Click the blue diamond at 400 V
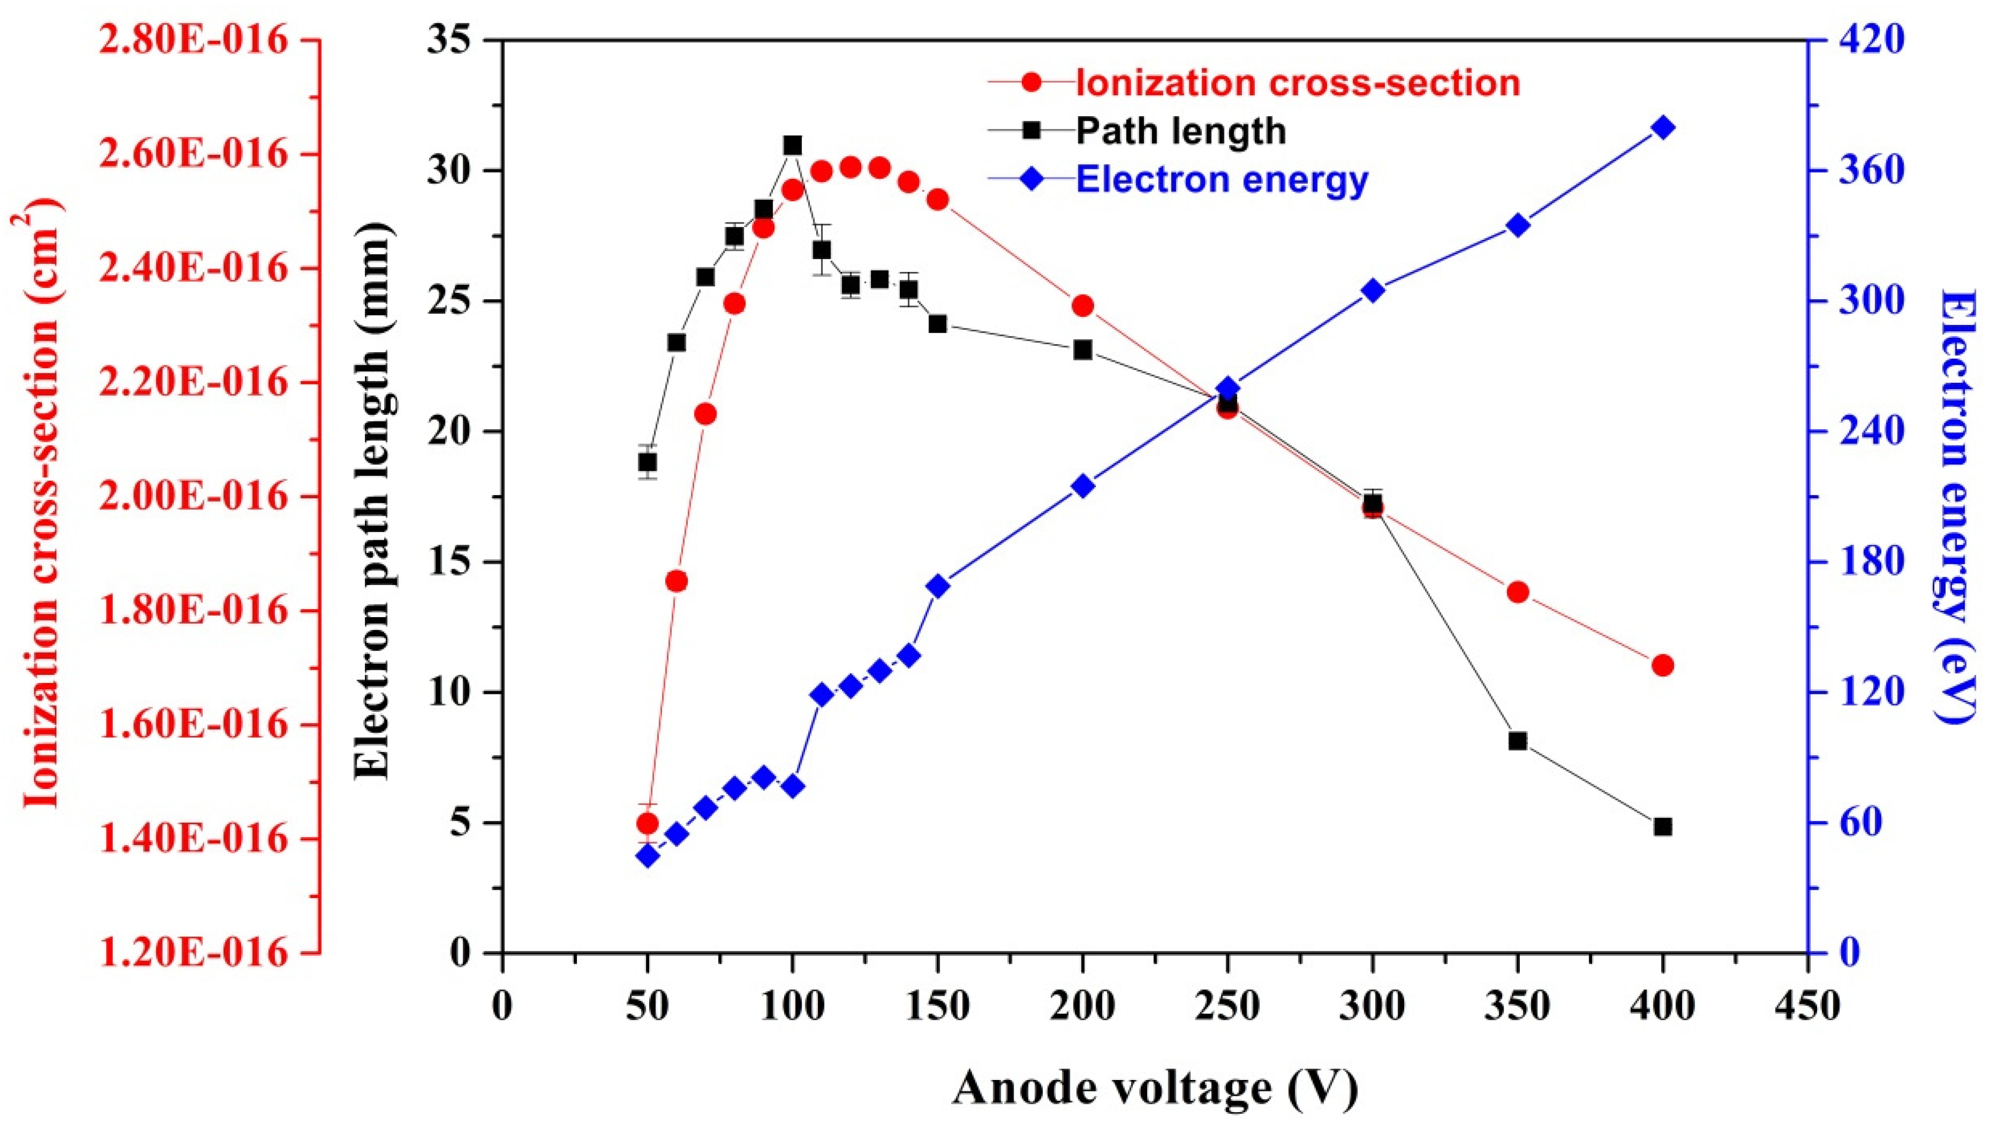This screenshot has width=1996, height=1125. (1663, 128)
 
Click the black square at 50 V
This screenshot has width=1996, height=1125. (647, 462)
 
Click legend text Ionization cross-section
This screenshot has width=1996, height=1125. (1298, 83)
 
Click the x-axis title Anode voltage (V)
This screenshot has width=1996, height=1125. (1154, 1088)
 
